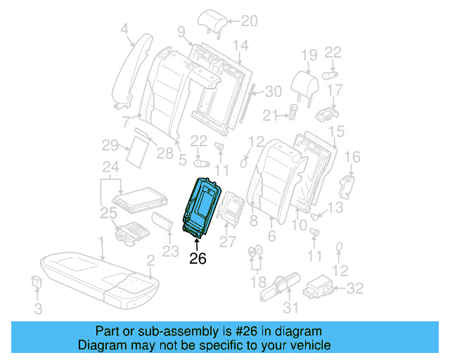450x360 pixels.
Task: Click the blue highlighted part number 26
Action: coord(202,207)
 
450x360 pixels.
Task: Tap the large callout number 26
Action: coord(198,259)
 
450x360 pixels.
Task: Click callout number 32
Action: coord(356,288)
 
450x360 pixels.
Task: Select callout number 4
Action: coord(124,29)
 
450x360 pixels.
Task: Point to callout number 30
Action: coord(273,91)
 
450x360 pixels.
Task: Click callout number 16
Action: coord(354,156)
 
